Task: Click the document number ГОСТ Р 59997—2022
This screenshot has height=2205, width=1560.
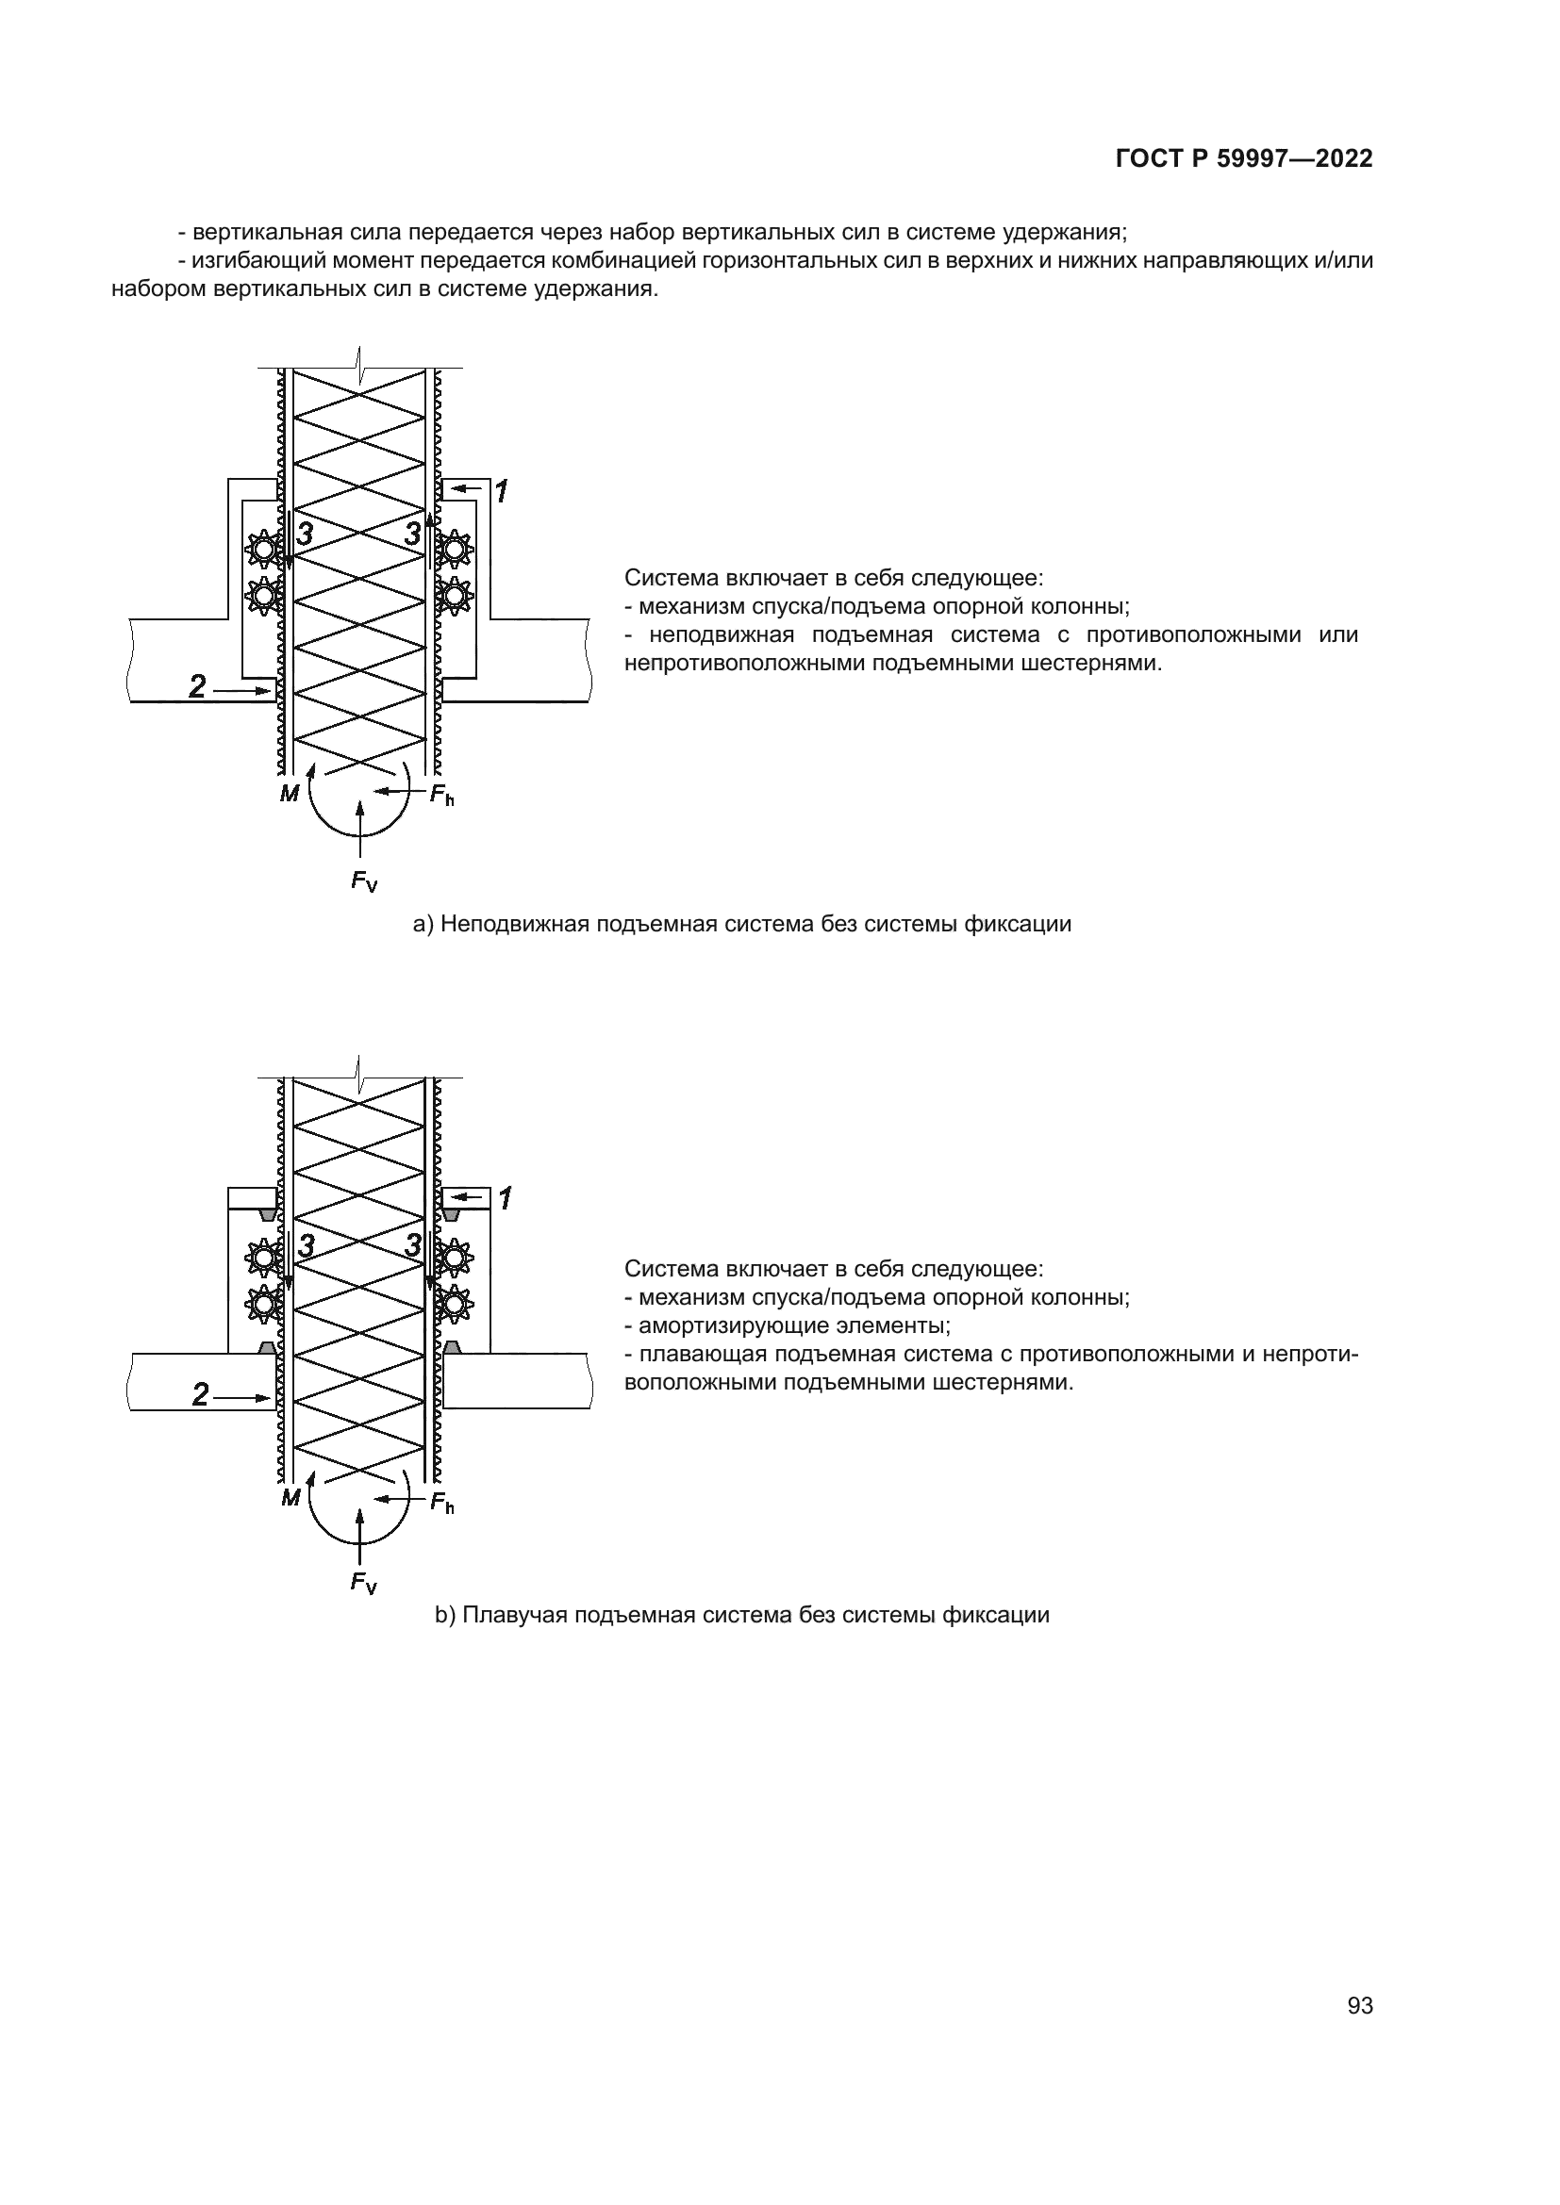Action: click(x=1244, y=159)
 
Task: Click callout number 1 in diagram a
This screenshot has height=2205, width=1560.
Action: click(x=502, y=492)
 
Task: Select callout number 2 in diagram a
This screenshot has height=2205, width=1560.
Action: click(x=198, y=686)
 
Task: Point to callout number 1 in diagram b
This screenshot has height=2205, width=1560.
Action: click(x=506, y=1197)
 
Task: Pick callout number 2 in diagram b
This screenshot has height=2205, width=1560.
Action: click(x=200, y=1394)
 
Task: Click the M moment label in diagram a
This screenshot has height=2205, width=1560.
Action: click(x=290, y=793)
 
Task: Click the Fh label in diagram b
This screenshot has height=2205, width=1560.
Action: click(x=441, y=1503)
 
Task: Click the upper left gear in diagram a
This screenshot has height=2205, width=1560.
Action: click(x=261, y=550)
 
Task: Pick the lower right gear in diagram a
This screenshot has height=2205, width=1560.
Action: click(x=454, y=597)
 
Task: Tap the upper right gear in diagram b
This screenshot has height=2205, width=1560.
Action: click(x=454, y=1255)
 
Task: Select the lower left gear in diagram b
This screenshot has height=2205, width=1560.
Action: click(x=262, y=1303)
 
